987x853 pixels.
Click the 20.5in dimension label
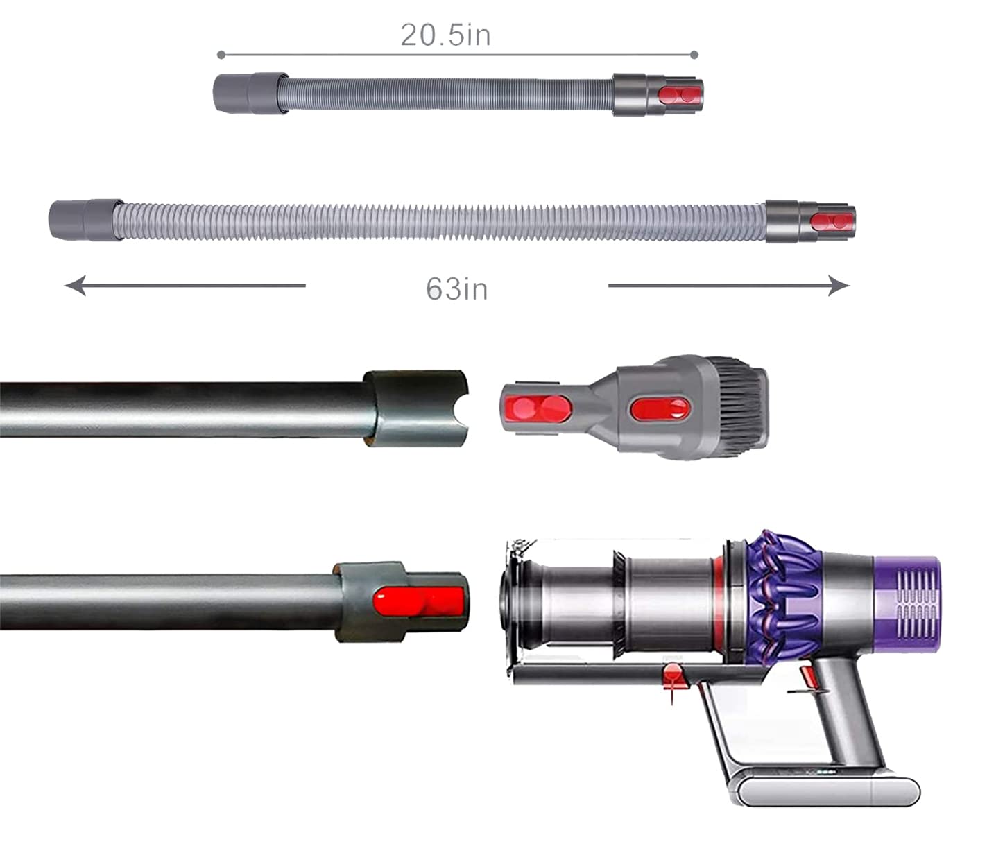445,35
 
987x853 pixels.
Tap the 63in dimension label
457,288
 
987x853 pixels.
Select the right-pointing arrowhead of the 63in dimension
839,286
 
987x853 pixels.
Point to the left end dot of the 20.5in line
221,55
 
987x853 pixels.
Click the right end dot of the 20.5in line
694,55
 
